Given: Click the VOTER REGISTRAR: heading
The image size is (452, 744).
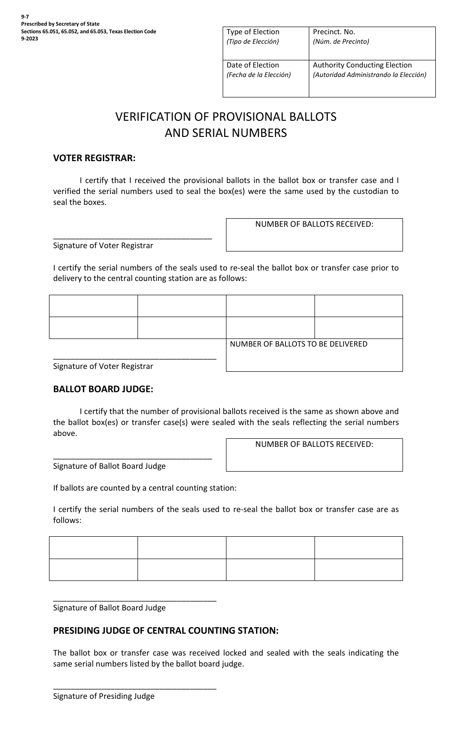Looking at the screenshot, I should point(94,158).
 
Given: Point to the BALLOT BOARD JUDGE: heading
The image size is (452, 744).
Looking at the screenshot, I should point(103,389).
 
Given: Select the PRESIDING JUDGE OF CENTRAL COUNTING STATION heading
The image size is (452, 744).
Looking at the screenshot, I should point(166,630).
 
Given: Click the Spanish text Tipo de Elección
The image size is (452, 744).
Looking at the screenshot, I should point(253,41).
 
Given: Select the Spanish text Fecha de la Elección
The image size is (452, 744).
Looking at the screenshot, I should point(258,75).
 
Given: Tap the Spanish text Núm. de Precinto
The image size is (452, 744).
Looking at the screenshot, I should point(341,41).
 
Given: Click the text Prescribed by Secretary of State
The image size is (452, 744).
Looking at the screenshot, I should point(60,24).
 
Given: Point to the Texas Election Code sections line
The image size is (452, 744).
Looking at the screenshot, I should point(88,31).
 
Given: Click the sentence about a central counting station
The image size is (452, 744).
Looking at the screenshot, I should point(145,488).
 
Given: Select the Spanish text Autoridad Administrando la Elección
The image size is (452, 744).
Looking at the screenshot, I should point(369,75).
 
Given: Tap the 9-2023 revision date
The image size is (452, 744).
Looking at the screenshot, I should point(29,39).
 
